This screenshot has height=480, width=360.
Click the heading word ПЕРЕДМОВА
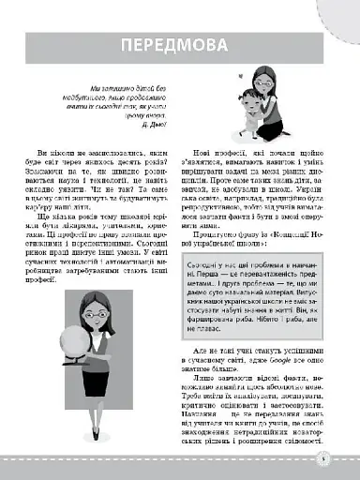(x=180, y=48)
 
